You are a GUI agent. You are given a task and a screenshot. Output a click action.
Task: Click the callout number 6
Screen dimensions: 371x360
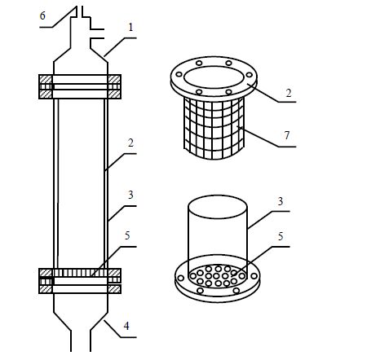(42, 15)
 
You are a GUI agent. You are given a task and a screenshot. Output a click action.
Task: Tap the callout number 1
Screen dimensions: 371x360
(130, 27)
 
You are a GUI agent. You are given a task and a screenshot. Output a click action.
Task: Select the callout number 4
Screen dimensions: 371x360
(126, 326)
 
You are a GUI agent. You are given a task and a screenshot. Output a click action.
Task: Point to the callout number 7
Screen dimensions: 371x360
(287, 135)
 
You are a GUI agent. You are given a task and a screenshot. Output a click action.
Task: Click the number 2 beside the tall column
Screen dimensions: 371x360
(130, 143)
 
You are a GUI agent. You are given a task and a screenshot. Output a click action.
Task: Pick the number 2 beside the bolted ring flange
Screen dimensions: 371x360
(289, 93)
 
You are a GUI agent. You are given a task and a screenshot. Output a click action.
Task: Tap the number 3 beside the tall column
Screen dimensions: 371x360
(130, 195)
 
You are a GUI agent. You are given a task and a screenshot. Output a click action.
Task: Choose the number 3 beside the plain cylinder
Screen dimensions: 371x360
(280, 201)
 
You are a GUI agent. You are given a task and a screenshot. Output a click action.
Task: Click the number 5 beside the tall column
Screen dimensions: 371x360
(127, 235)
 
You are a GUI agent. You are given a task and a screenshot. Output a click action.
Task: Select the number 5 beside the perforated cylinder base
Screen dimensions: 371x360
(280, 236)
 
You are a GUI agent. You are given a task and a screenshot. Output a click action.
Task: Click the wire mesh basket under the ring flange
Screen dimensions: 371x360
(214, 128)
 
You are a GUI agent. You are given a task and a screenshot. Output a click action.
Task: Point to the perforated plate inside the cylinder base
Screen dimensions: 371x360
(218, 276)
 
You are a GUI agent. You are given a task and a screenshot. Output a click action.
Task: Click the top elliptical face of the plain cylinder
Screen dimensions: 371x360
(218, 207)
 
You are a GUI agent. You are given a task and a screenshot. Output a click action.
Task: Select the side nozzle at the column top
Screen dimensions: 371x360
(97, 33)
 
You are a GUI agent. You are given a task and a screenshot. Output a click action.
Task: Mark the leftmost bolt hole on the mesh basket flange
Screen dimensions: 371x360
(179, 74)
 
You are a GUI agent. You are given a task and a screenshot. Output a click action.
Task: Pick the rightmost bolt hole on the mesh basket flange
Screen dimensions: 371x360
(249, 75)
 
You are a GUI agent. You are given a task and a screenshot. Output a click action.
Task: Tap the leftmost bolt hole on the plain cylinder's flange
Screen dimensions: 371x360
(180, 278)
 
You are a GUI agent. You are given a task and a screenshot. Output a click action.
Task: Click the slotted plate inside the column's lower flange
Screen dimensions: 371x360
(81, 273)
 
